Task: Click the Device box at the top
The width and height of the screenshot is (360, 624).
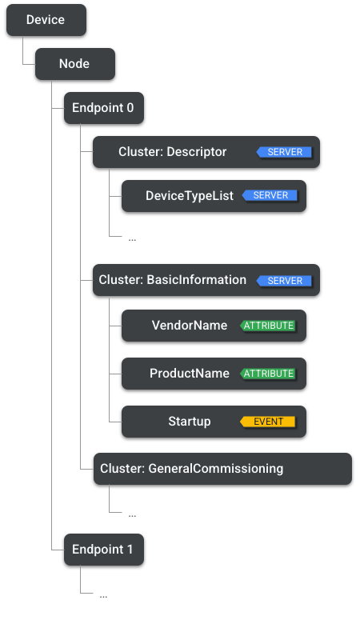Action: tap(46, 20)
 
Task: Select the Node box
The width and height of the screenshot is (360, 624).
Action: tap(74, 64)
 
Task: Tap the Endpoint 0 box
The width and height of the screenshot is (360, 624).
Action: tap(103, 108)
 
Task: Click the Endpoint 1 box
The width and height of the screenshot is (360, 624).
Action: tap(103, 550)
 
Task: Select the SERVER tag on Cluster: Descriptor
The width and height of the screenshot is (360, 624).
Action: tap(284, 152)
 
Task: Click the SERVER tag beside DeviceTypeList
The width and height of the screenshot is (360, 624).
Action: tap(270, 195)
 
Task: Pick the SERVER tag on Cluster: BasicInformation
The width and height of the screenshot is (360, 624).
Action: tap(284, 281)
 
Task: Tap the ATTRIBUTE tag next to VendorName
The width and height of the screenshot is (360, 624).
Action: tap(269, 326)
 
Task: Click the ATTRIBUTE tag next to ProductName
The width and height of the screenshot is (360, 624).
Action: tap(269, 374)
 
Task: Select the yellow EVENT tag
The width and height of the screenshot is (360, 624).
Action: tap(268, 422)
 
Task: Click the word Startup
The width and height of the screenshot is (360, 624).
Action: tap(189, 422)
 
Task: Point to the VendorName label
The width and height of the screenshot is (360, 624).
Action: tap(189, 326)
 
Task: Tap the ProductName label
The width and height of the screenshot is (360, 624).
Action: tap(189, 374)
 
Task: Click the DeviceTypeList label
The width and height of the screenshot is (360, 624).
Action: tap(189, 195)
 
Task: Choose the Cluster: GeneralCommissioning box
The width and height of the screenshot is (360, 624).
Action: tap(222, 469)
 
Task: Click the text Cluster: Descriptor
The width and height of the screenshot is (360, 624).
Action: tap(172, 152)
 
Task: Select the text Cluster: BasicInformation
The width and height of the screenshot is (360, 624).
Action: tap(172, 280)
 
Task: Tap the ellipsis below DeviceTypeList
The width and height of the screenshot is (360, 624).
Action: tap(132, 238)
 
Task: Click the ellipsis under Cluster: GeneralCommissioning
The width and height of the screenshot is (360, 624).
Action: tap(132, 515)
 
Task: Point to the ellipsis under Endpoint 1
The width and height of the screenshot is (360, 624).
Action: tap(103, 596)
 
